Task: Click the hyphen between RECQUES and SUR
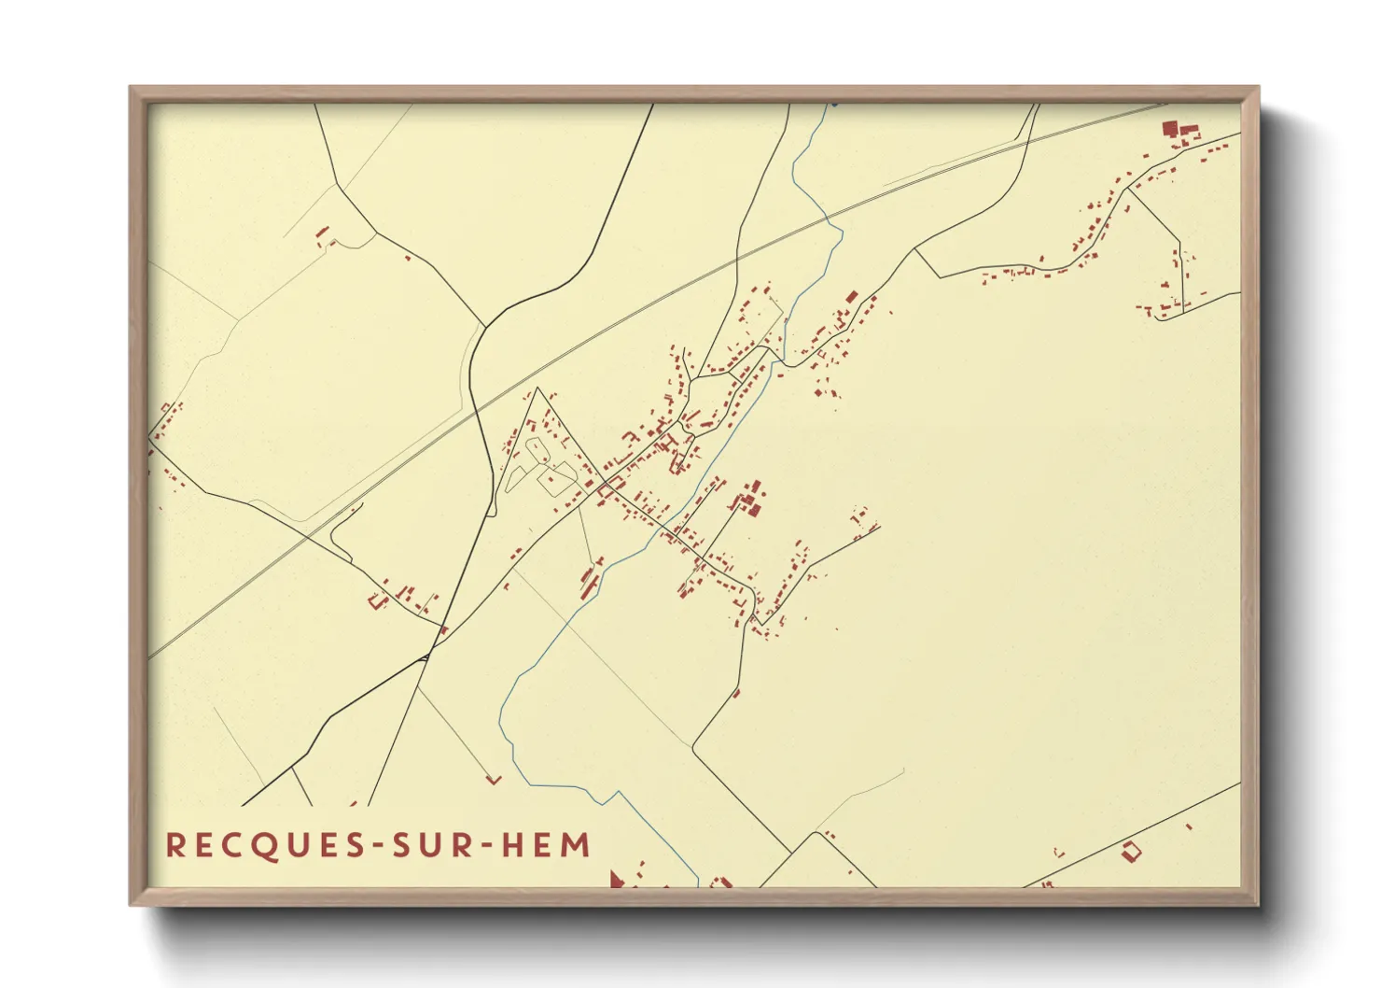click(x=378, y=847)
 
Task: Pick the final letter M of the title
click(x=577, y=845)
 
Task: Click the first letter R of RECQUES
click(x=174, y=845)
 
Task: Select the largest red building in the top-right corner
click(x=1169, y=129)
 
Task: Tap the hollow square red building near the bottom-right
click(x=1131, y=851)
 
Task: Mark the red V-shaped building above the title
click(x=494, y=779)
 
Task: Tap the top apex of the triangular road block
click(x=537, y=388)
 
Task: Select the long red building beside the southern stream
click(x=590, y=579)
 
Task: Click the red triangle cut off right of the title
click(x=615, y=879)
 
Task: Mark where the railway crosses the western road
click(x=310, y=536)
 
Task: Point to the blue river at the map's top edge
click(x=831, y=106)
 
